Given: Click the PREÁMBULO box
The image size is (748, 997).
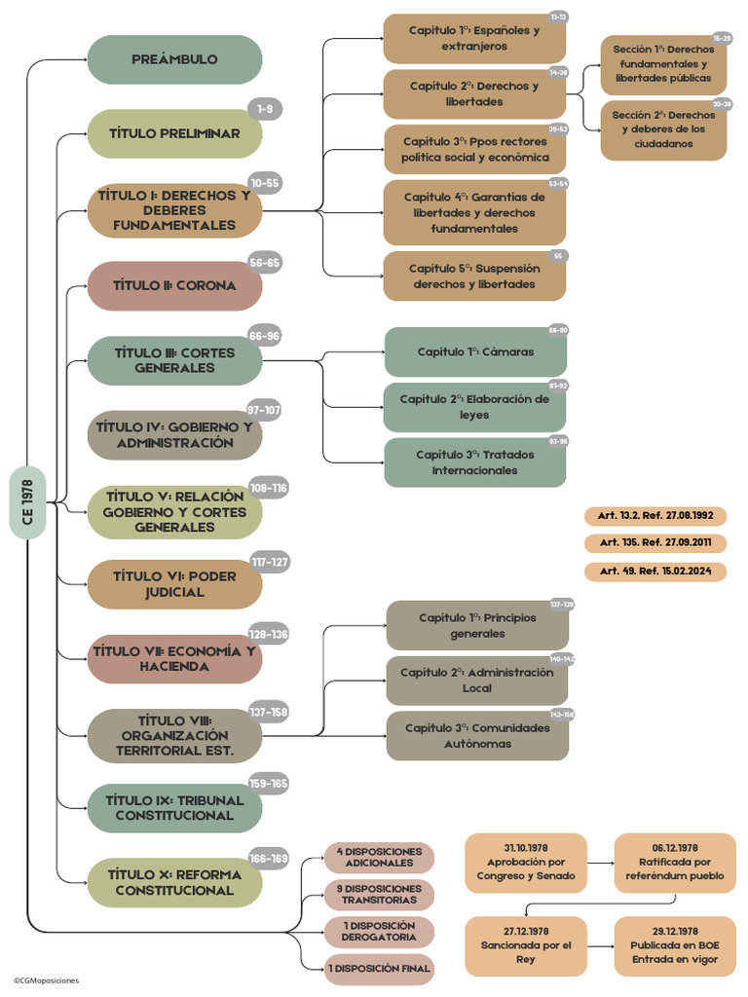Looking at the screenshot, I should pyautogui.click(x=174, y=59).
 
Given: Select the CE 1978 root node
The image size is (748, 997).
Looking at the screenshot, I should pyautogui.click(x=27, y=501).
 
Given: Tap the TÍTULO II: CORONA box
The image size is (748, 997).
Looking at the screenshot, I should pyautogui.click(x=174, y=285).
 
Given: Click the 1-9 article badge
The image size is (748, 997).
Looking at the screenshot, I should pyautogui.click(x=265, y=108).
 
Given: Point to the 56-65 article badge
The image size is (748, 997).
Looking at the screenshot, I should pyautogui.click(x=265, y=262).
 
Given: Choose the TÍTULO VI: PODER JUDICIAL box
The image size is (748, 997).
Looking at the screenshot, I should pyautogui.click(x=174, y=584).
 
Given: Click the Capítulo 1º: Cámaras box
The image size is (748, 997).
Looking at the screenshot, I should pyautogui.click(x=474, y=351).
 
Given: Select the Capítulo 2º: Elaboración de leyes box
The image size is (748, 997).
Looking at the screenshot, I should pyautogui.click(x=474, y=407).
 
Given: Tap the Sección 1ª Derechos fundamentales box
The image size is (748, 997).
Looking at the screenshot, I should pyautogui.click(x=662, y=63).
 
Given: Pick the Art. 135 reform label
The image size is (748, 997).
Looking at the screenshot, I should pyautogui.click(x=655, y=542).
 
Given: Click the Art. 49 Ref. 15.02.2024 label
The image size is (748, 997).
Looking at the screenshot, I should pyautogui.click(x=655, y=571).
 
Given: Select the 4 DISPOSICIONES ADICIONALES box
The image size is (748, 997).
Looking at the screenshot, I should pyautogui.click(x=379, y=857).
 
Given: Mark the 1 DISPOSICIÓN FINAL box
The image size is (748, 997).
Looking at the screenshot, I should pyautogui.click(x=379, y=968).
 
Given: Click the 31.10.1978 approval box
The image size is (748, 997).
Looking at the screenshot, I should pyautogui.click(x=526, y=862).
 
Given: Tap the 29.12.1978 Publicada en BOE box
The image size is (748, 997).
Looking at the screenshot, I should pyautogui.click(x=674, y=944).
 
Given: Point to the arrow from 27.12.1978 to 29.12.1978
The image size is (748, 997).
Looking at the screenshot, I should pyautogui.click(x=600, y=945).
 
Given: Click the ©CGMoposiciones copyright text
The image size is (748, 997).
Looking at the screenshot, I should pyautogui.click(x=46, y=980).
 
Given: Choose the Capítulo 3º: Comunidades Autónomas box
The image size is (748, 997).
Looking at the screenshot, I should pyautogui.click(x=474, y=736).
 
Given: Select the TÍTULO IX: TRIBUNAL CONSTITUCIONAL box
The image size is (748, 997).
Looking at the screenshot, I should pyautogui.click(x=174, y=807).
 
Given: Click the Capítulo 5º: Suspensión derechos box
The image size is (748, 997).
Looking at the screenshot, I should pyautogui.click(x=473, y=277).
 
